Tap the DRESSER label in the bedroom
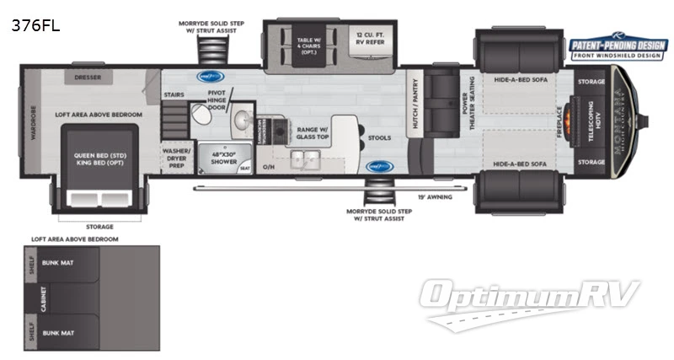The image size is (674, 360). pyautogui.click(x=88, y=77)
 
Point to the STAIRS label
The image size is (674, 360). pyautogui.click(x=174, y=95)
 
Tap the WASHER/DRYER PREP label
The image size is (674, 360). pyautogui.click(x=177, y=158)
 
